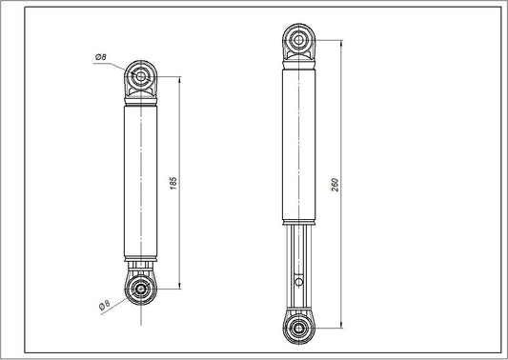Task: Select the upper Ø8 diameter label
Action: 100,58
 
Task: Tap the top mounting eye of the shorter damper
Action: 141,75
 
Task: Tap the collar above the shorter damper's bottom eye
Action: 141,266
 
